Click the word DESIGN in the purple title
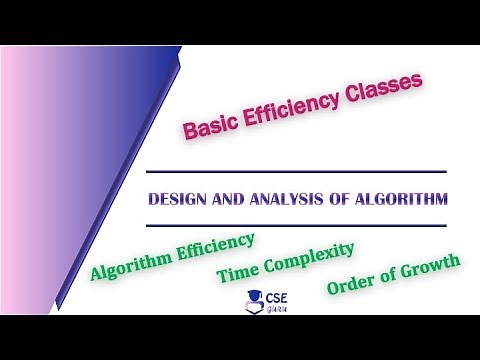tap(173, 199)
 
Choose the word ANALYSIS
tap(274, 199)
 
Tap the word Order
tap(350, 286)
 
